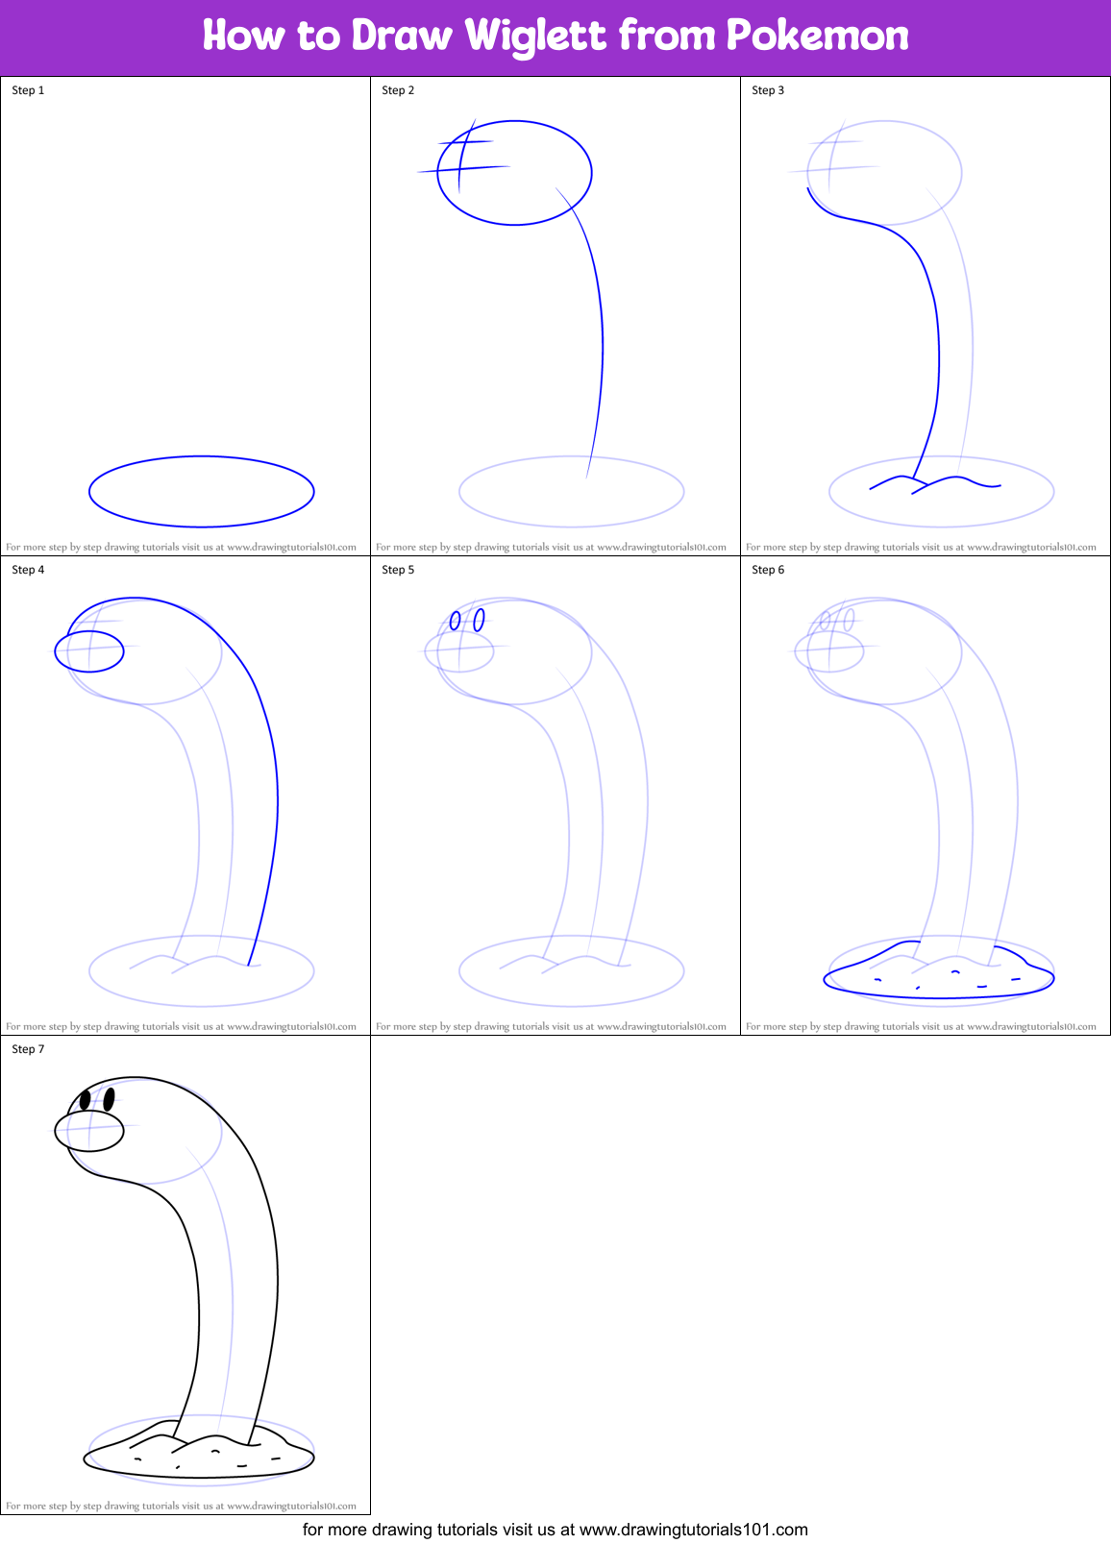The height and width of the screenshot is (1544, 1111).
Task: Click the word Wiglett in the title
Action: (535, 36)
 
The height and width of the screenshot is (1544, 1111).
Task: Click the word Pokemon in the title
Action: (817, 36)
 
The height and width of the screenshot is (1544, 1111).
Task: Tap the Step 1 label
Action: (28, 90)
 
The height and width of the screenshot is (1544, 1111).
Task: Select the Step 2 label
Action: (398, 90)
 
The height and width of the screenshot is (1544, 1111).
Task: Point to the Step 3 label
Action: (768, 90)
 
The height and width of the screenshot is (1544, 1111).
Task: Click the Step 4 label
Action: (28, 570)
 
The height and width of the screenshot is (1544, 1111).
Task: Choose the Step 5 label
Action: (398, 570)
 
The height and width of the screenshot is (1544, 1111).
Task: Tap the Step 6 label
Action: (768, 570)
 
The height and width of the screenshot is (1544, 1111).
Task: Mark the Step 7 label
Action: (28, 1049)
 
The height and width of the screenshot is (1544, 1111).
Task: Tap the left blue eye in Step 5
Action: (456, 622)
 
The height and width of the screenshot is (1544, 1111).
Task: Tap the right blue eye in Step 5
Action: (479, 619)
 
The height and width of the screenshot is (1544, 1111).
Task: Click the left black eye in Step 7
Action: (86, 1099)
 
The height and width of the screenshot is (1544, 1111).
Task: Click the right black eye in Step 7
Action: (109, 1097)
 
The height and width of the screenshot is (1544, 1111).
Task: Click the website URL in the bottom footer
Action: (693, 1529)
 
